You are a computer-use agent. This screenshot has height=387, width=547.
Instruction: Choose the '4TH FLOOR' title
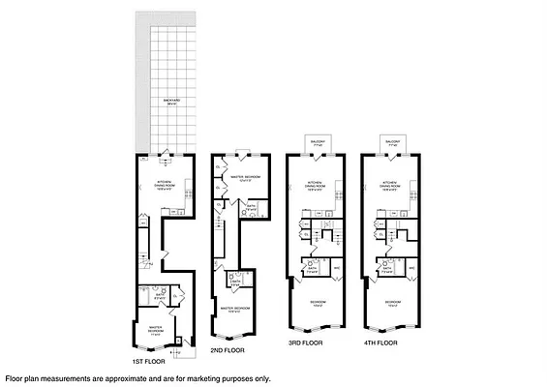380,342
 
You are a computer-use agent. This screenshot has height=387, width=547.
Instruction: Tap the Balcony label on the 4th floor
393,140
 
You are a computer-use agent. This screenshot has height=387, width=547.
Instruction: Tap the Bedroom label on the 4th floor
392,303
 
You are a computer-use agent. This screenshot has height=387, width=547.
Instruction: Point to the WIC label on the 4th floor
411,268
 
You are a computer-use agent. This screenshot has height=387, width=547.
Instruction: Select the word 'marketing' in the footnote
186,378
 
